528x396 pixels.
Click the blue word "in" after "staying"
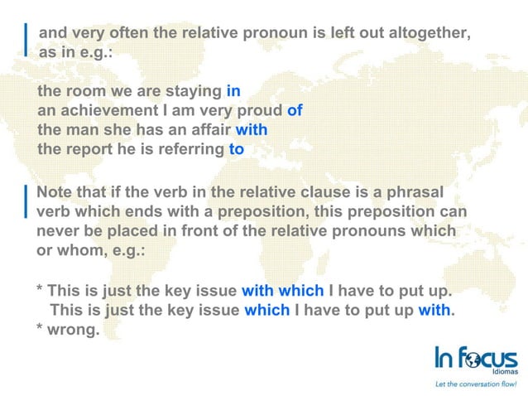[x=233, y=90]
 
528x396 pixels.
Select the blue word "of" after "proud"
[x=295, y=110]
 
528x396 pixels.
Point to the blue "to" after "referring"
[x=236, y=150]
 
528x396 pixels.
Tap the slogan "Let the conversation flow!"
[x=475, y=384]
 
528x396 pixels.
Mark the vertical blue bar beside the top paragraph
[x=27, y=36]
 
